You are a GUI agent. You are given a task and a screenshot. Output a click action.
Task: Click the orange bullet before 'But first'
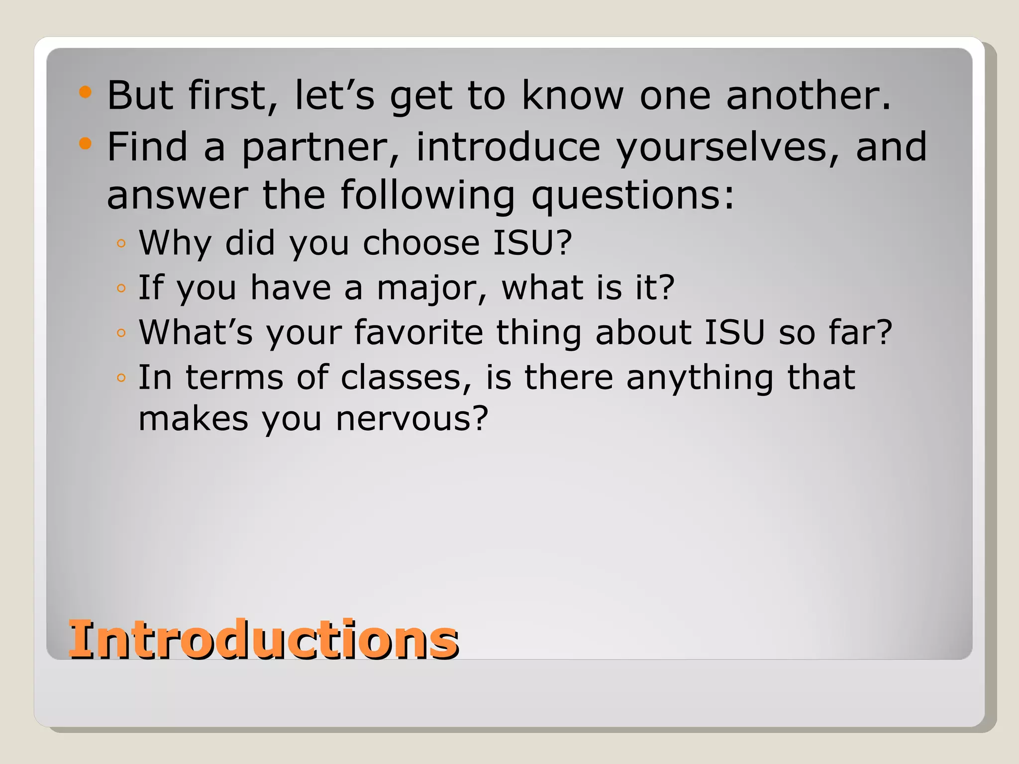tap(86, 92)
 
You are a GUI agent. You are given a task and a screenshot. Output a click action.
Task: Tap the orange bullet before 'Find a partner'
tap(86, 144)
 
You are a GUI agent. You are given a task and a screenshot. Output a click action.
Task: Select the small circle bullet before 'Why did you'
tap(121, 244)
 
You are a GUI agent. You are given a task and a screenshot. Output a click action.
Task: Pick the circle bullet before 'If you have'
tap(121, 288)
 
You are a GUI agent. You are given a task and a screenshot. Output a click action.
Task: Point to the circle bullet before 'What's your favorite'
tap(121, 333)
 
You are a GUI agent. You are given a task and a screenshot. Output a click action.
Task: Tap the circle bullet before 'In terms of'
tap(121, 378)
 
